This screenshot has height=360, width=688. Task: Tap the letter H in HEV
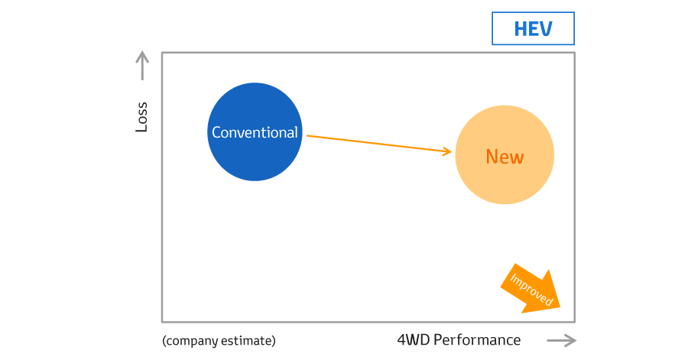521,29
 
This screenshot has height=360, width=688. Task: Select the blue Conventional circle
255,131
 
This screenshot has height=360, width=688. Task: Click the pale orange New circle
505,155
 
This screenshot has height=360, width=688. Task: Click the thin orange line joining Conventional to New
379,144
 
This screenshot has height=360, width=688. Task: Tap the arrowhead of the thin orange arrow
448,151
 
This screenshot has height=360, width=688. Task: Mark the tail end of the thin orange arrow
307,136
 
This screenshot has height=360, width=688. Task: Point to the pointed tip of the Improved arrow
560,307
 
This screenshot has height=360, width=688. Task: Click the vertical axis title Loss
141,117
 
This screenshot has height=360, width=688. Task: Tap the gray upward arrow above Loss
141,65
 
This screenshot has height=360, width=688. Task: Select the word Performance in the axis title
477,340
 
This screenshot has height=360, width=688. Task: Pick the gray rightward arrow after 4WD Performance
562,341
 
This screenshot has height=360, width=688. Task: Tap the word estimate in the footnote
246,341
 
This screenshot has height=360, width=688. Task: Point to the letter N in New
492,157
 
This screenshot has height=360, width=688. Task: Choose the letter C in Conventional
216,132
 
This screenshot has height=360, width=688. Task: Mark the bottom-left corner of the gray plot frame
162,322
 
